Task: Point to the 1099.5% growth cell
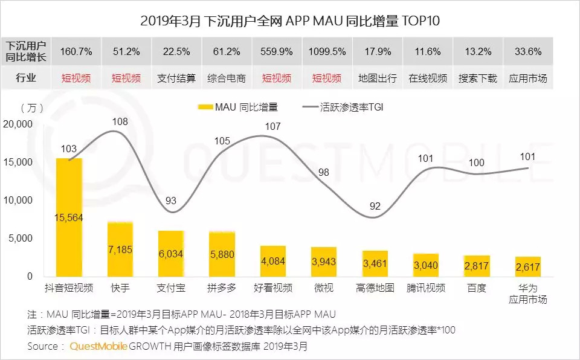pyautogui.click(x=326, y=51)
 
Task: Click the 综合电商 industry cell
pyautogui.click(x=226, y=79)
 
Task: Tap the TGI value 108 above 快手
pyautogui.click(x=120, y=122)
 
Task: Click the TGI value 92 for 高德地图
pyautogui.click(x=375, y=206)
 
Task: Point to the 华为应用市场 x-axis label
pyautogui.click(x=527, y=294)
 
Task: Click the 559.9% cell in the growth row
pyautogui.click(x=276, y=51)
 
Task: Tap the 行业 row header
pyautogui.click(x=26, y=79)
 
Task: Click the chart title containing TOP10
pyautogui.click(x=290, y=21)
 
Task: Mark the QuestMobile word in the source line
pyautogui.click(x=94, y=347)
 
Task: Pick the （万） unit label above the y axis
pyautogui.click(x=32, y=108)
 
